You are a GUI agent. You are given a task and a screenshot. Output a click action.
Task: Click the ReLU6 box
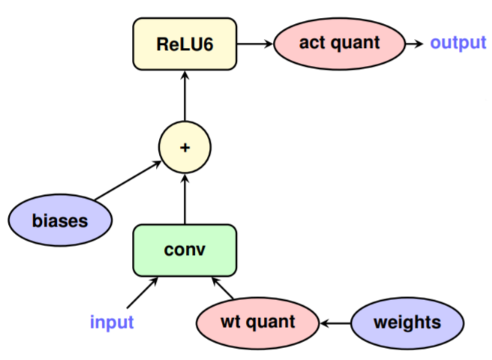[184, 43]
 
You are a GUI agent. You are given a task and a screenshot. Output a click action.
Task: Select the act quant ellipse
[339, 43]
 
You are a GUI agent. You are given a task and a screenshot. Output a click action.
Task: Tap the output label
[457, 43]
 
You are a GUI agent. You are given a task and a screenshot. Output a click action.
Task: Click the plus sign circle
[184, 147]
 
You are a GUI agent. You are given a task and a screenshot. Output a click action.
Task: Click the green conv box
[184, 249]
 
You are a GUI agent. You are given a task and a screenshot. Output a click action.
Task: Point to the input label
[112, 323]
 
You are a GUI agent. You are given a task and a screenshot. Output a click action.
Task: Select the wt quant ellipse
[257, 323]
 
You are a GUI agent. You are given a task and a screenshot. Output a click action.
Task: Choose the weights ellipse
[406, 323]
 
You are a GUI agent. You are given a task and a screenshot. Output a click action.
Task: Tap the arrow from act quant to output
[414, 43]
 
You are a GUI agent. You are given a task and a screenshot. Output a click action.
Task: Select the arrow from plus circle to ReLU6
[184, 94]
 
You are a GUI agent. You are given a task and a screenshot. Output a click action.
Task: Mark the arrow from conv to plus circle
[184, 198]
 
